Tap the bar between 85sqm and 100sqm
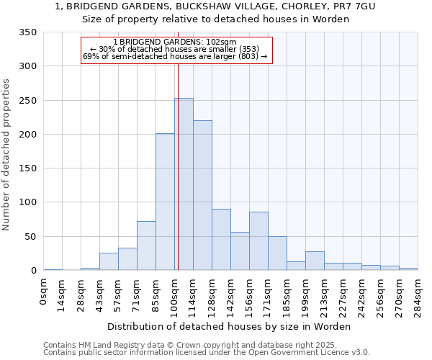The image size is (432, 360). (165, 202)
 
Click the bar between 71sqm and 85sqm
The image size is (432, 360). (146, 246)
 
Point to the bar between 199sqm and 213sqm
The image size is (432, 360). (315, 261)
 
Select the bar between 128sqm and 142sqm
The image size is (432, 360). (221, 240)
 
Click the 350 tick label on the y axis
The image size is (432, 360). (27, 32)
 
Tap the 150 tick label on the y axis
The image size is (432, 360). (27, 168)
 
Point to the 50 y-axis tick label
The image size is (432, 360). (30, 236)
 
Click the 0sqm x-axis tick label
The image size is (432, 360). (44, 292)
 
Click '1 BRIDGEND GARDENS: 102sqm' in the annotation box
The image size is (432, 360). (175, 42)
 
